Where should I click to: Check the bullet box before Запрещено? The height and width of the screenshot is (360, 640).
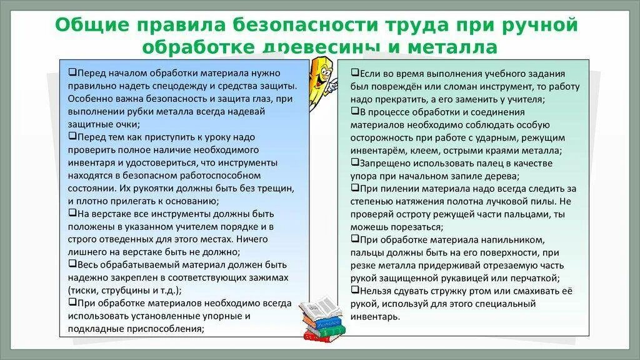(354, 162)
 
